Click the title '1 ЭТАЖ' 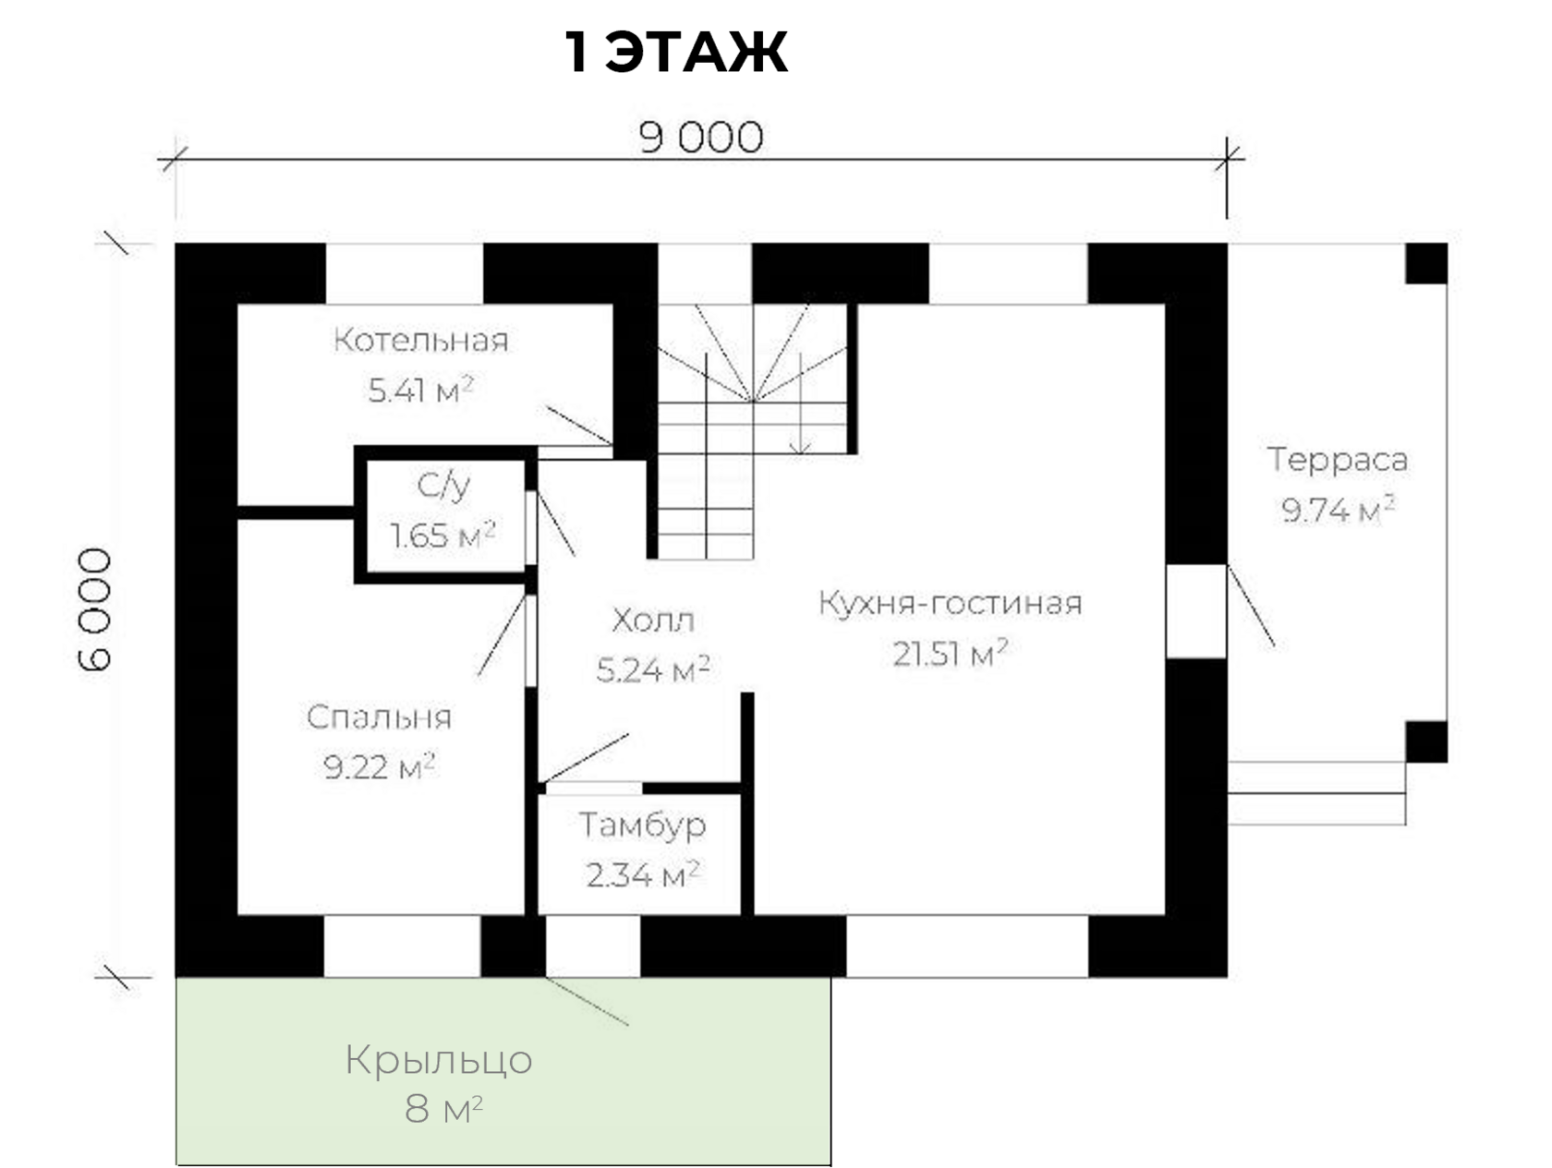[x=675, y=53]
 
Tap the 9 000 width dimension [x=701, y=138]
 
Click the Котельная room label [x=421, y=340]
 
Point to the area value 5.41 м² [x=421, y=390]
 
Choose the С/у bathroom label [x=444, y=486]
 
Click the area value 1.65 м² [x=443, y=536]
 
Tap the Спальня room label [x=379, y=717]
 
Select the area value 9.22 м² [x=380, y=766]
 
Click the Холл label [x=652, y=620]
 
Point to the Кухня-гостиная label [x=950, y=603]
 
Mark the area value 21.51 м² [x=950, y=654]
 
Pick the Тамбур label [x=642, y=825]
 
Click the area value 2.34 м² [x=642, y=873]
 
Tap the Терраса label [x=1338, y=459]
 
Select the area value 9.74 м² [x=1338, y=509]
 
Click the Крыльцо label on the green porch [x=439, y=1060]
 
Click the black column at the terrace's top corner [x=1426, y=263]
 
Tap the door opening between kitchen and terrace [x=1196, y=610]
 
